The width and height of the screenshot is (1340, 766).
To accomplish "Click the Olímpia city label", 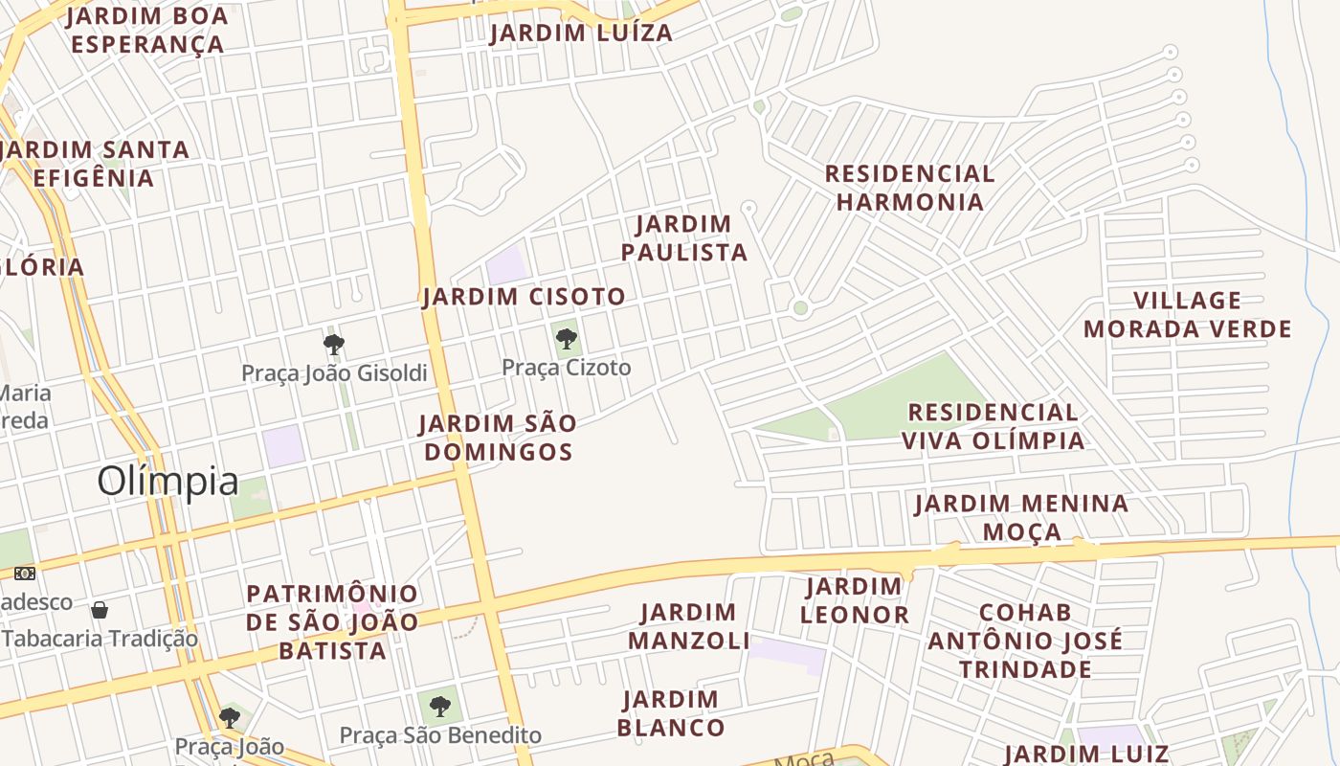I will pyautogui.click(x=167, y=481).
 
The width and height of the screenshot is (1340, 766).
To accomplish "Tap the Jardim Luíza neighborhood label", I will pyautogui.click(x=581, y=33).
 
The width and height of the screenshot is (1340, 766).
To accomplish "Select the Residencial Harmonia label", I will pyautogui.click(x=909, y=188).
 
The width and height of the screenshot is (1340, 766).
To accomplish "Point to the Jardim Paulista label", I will pyautogui.click(x=683, y=237).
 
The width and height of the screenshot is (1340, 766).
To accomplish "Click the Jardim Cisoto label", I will pyautogui.click(x=524, y=297).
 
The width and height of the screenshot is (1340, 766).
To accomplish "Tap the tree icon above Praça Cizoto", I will pyautogui.click(x=566, y=338).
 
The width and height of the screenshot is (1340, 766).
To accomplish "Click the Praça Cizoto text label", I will pyautogui.click(x=567, y=368).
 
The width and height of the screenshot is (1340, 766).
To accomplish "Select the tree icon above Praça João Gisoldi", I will pyautogui.click(x=333, y=344).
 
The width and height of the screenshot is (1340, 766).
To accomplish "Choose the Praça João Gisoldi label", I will pyautogui.click(x=334, y=373).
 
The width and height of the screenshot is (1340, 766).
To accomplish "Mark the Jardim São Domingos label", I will pyautogui.click(x=498, y=437).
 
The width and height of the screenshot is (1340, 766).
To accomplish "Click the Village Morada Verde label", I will pyautogui.click(x=1187, y=315).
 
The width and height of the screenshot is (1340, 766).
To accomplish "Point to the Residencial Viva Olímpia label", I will pyautogui.click(x=993, y=426).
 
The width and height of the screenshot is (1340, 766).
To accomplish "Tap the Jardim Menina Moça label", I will pyautogui.click(x=1021, y=517).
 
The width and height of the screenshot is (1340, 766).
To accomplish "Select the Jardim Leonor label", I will pyautogui.click(x=854, y=600).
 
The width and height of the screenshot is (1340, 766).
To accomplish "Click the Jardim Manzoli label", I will pyautogui.click(x=688, y=626).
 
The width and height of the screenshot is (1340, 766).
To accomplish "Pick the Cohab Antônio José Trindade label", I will pyautogui.click(x=1025, y=640).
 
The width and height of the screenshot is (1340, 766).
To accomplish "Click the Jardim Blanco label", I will pyautogui.click(x=670, y=713).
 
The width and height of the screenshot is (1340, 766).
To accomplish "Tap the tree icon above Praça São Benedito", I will pyautogui.click(x=439, y=707).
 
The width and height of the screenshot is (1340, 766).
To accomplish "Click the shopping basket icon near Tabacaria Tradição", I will pyautogui.click(x=100, y=610).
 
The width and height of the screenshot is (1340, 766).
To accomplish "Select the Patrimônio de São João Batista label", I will pyautogui.click(x=332, y=622).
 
